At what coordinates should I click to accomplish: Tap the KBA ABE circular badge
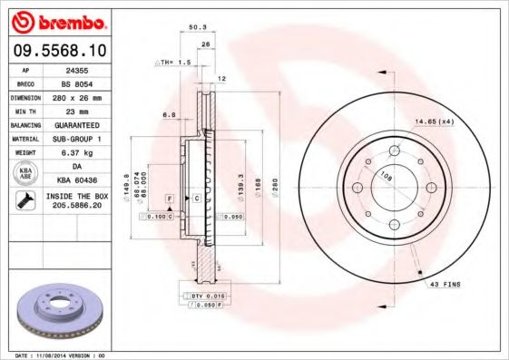coord(24,173)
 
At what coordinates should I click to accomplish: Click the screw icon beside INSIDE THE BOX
coord(24,201)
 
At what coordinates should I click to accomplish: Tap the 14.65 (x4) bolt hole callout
coord(434,121)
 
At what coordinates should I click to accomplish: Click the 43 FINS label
coord(445,285)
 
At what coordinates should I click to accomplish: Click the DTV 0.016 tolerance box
coord(207,297)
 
